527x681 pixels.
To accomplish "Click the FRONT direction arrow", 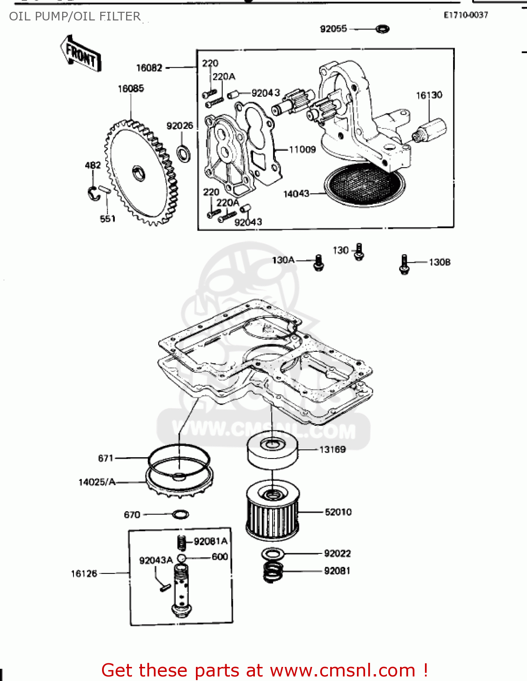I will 81,54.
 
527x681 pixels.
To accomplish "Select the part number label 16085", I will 131,89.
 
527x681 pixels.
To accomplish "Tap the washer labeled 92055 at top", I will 382,29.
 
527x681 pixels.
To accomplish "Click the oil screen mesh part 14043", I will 364,184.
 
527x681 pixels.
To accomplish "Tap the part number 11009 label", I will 302,149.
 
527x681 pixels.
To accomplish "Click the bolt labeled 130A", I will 319,263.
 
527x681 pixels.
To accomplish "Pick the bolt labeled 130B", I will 404,264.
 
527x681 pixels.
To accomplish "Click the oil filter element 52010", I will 273,511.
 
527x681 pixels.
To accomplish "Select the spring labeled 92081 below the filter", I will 273,572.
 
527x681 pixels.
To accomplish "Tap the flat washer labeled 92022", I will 273,554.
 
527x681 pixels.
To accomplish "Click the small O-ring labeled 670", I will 181,514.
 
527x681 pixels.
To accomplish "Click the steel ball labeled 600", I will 181,558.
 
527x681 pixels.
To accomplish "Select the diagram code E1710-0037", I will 466,15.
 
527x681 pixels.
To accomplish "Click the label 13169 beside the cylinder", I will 332,449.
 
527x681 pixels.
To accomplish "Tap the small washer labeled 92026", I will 184,153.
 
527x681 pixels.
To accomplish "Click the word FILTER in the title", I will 120,16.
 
